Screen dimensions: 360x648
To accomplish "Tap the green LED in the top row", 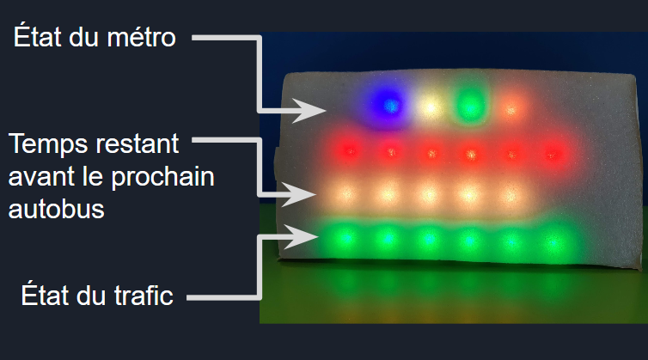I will [469, 104].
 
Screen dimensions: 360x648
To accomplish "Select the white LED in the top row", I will [430, 107].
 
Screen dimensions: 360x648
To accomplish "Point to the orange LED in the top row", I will [511, 109].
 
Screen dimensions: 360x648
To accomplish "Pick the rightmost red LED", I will [553, 155].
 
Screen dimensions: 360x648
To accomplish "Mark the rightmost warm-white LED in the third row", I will [510, 196].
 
